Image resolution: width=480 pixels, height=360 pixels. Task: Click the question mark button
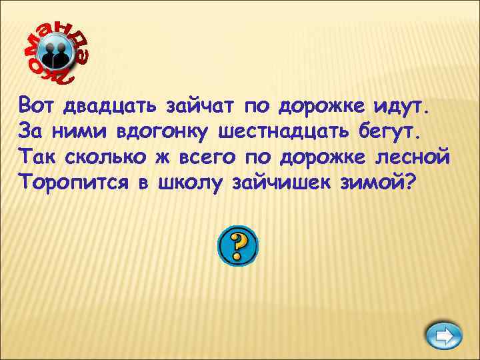click(237, 246)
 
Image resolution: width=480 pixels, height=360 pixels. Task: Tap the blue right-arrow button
click(443, 335)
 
